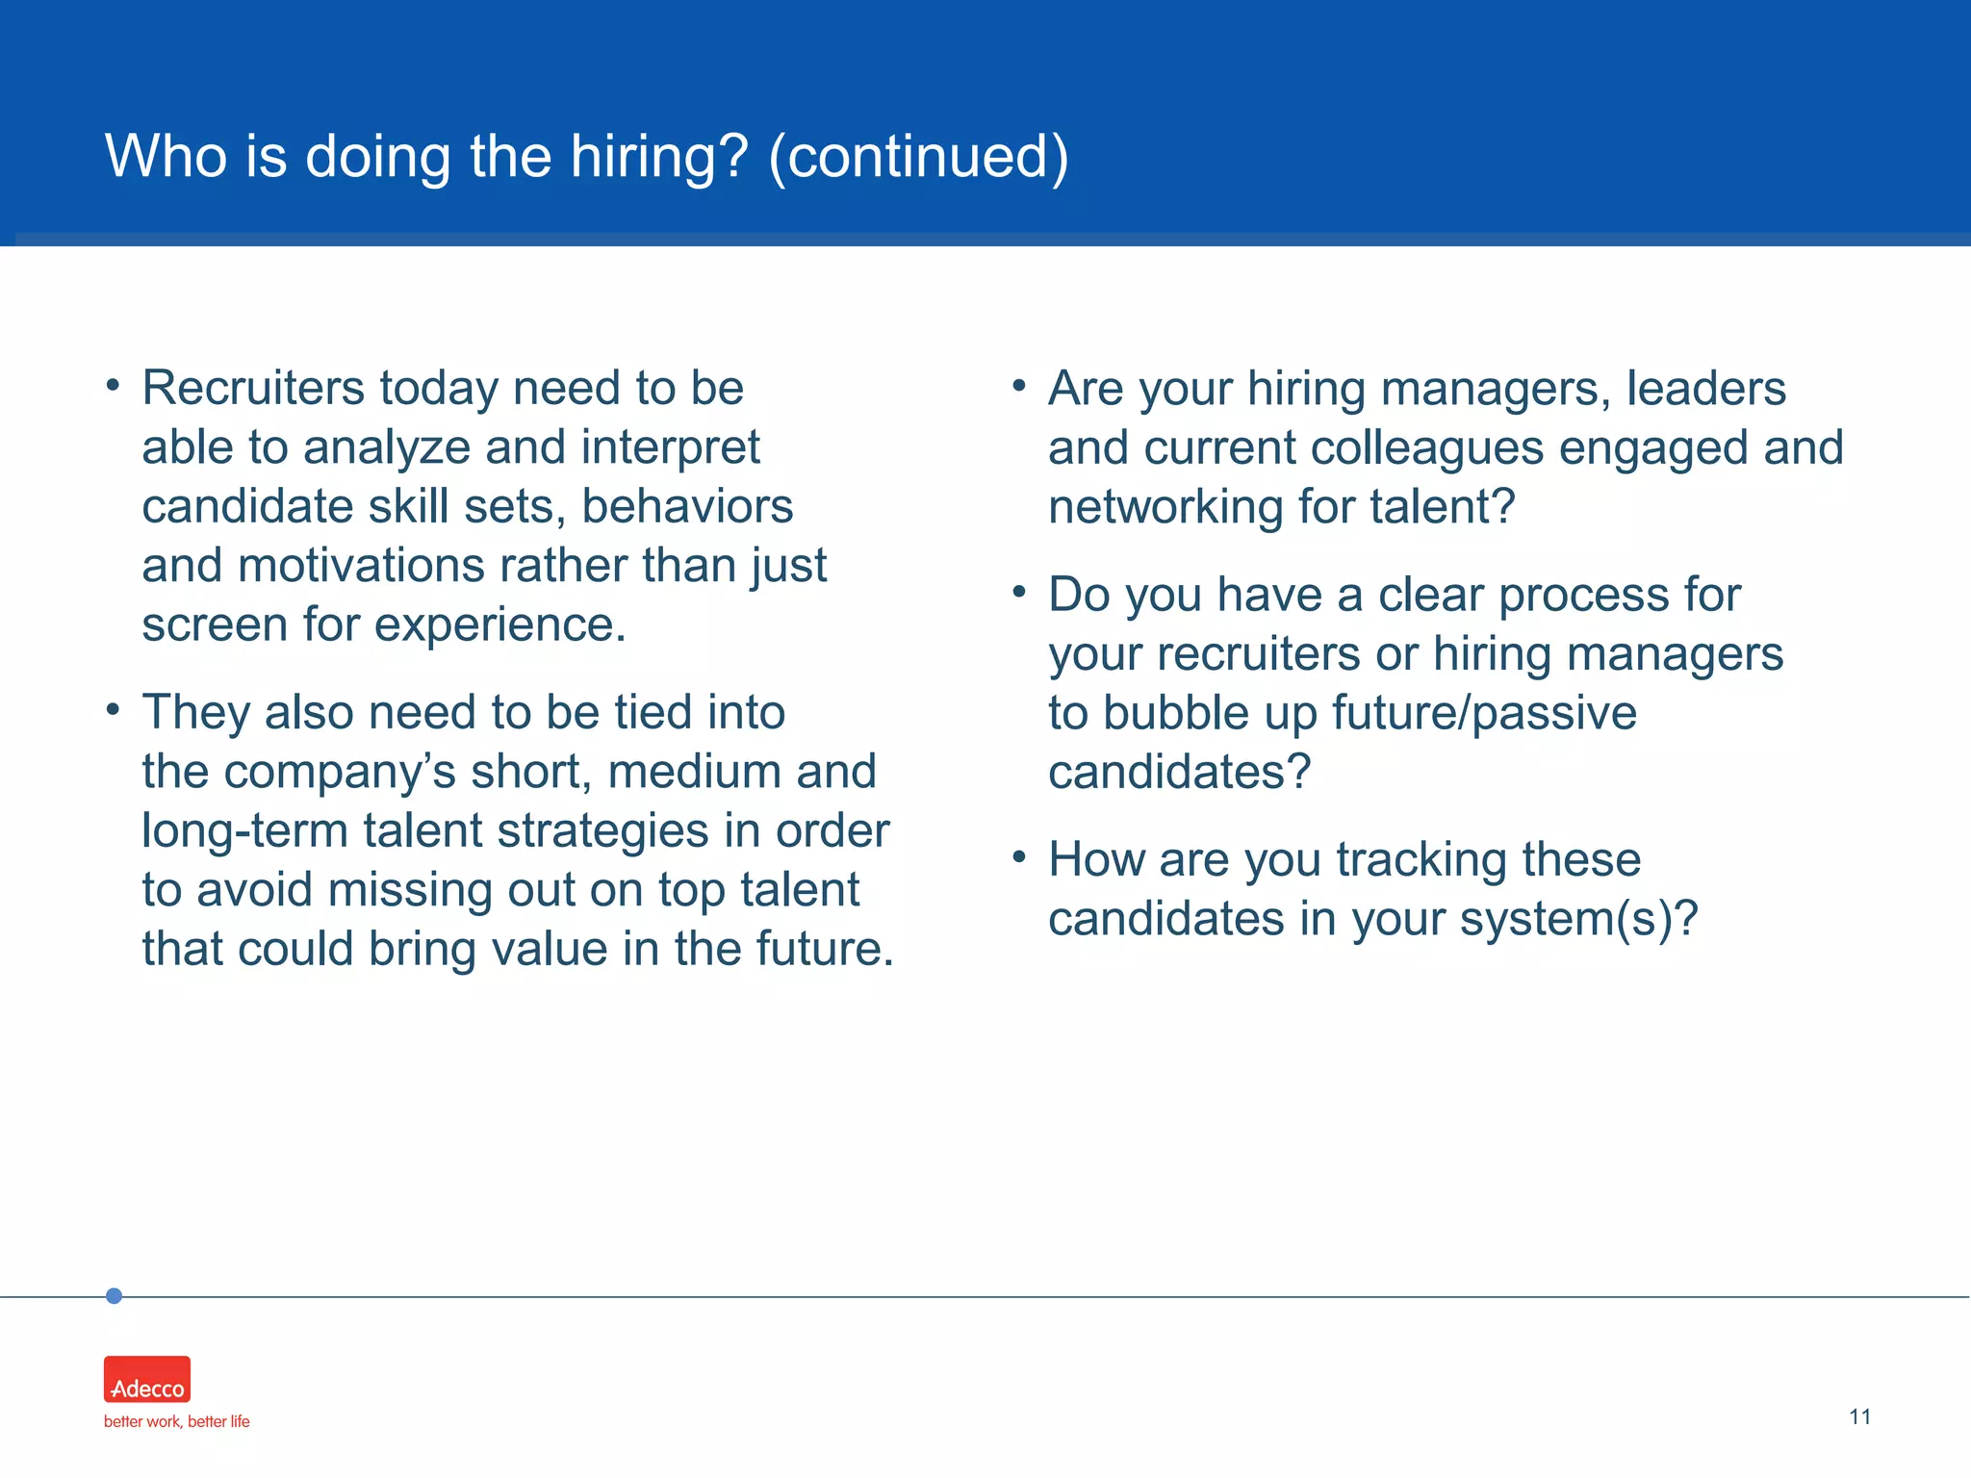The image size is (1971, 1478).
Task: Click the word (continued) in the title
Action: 918,157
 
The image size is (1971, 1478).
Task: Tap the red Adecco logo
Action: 147,1379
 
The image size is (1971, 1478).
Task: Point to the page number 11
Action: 1859,1416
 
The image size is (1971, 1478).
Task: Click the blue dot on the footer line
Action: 114,1296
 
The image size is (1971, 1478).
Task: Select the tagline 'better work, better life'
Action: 176,1421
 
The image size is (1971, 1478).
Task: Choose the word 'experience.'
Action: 499,625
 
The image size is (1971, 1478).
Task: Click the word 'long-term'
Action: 244,831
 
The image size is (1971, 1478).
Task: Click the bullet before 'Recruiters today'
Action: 114,387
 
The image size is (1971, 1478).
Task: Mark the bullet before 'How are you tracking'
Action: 1019,856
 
